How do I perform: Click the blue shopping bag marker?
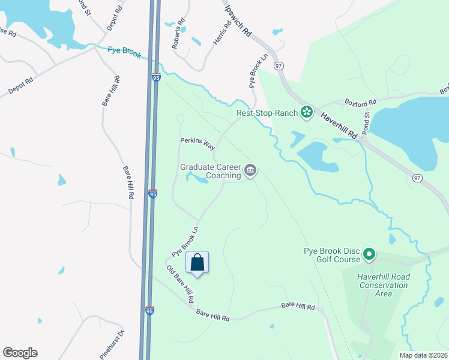pyautogui.click(x=197, y=262)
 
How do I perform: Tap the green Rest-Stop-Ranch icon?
pyautogui.click(x=307, y=112)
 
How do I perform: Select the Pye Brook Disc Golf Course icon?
pyautogui.click(x=369, y=256)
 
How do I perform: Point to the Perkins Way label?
pyautogui.click(x=197, y=144)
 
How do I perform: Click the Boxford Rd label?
pyautogui.click(x=360, y=103)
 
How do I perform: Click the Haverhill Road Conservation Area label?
pyautogui.click(x=382, y=285)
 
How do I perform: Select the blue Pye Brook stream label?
pyautogui.click(x=124, y=52)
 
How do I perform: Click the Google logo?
pyautogui.click(x=20, y=353)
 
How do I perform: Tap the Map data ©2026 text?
pyautogui.click(x=423, y=355)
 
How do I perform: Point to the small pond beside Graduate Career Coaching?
pyautogui.click(x=196, y=177)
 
